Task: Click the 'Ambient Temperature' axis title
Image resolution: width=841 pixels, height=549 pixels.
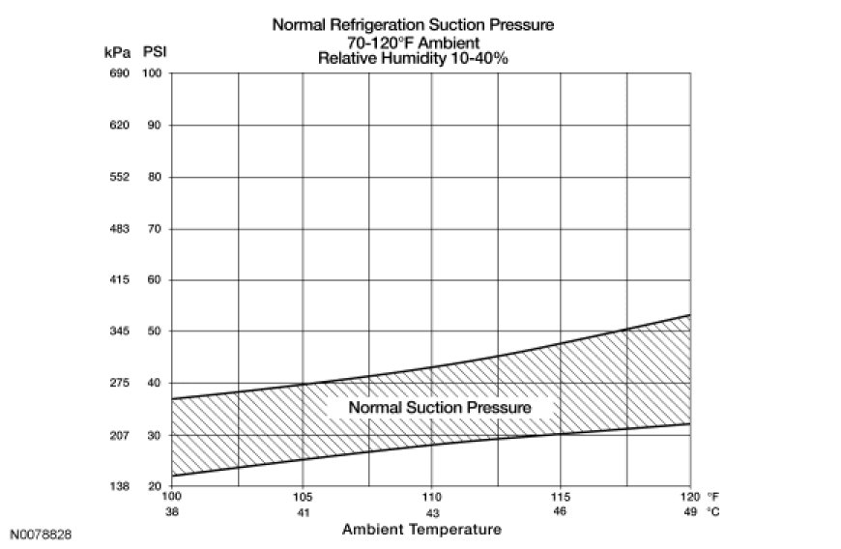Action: (422, 529)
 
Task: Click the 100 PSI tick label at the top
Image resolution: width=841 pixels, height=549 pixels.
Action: (153, 74)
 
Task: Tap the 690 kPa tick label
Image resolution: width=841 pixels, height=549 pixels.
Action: (118, 74)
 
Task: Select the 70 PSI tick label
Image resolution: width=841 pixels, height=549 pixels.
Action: (153, 229)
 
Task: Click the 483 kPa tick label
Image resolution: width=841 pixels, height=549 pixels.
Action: (118, 229)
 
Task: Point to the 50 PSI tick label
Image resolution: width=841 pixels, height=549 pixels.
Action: (153, 332)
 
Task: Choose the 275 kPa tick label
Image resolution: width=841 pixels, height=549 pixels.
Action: (118, 384)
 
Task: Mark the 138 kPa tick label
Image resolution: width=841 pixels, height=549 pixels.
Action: (118, 486)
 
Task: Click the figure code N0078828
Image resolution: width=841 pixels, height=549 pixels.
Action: (42, 534)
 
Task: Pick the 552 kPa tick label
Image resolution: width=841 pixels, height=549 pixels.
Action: (118, 177)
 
